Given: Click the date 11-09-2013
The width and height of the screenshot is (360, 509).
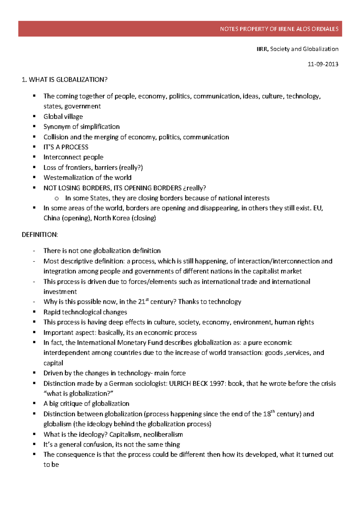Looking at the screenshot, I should click(x=323, y=64).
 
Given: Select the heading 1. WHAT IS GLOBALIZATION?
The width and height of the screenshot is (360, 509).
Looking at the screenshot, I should click(x=64, y=80).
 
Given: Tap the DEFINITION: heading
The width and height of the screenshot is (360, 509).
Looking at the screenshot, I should click(x=40, y=235).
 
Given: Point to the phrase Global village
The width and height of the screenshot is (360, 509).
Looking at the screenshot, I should click(x=63, y=117).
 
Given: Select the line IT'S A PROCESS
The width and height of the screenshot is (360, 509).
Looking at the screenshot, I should click(x=66, y=147).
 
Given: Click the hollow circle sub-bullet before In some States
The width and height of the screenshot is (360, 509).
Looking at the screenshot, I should click(x=57, y=198).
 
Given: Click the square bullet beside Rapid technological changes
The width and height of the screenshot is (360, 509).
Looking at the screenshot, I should click(x=34, y=312).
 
